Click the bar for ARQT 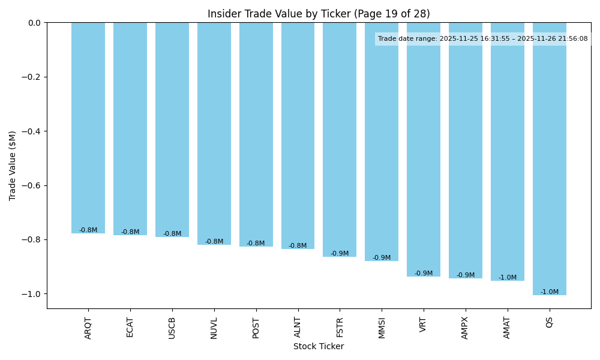coord(88,128)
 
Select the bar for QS coord(549,159)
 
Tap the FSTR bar coord(340,140)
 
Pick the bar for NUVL coord(214,134)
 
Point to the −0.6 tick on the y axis coord(32,185)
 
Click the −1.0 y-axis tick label coord(32,294)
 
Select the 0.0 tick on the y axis coord(35,23)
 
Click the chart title coord(319,14)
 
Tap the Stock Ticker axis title coord(319,346)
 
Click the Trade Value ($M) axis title coord(13,166)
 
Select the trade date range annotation coord(483,39)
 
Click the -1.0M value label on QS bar coord(549,292)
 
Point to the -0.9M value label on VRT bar coord(424,274)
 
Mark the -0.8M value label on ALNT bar coord(298,246)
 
